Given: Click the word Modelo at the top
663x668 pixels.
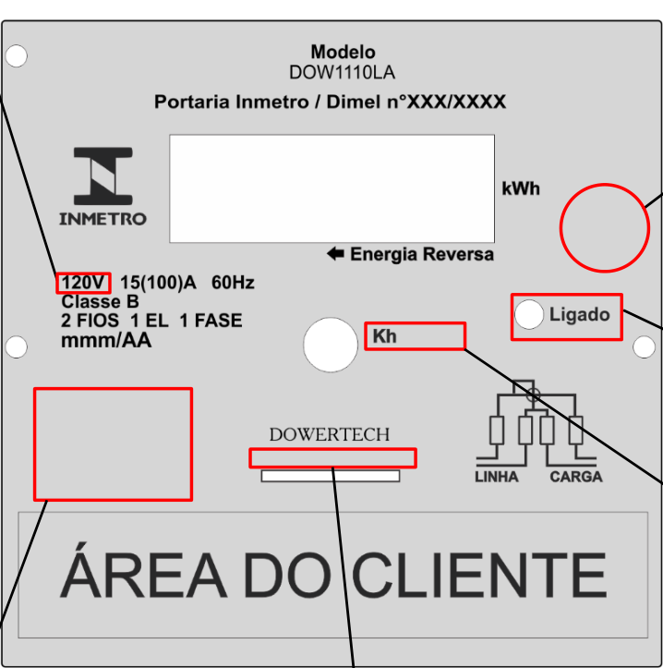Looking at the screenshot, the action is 343,52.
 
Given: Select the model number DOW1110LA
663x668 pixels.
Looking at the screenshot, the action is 343,73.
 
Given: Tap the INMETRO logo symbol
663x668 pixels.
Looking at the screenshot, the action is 103,176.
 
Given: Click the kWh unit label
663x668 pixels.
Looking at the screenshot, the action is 521,188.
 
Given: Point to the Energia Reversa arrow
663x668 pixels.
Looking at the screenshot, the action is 335,253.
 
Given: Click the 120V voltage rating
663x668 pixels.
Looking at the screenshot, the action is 82,283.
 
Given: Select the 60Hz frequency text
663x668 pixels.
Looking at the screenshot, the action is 233,283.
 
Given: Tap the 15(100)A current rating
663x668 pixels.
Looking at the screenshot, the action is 159,283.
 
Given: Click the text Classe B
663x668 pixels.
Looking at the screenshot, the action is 100,301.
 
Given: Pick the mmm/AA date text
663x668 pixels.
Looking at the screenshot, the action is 106,340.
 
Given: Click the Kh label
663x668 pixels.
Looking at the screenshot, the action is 384,336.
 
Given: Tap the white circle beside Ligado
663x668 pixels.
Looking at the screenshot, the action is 529,315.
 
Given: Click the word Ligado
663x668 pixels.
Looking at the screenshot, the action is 580,315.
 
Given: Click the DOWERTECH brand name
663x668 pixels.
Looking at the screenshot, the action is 330,434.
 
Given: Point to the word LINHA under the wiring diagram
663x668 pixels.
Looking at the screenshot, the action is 497,477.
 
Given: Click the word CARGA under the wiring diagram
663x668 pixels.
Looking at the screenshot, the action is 576,477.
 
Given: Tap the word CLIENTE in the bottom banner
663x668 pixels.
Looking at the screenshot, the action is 479,575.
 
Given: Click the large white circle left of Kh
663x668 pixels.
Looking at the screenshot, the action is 331,345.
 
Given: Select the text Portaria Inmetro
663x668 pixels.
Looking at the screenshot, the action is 231,102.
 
